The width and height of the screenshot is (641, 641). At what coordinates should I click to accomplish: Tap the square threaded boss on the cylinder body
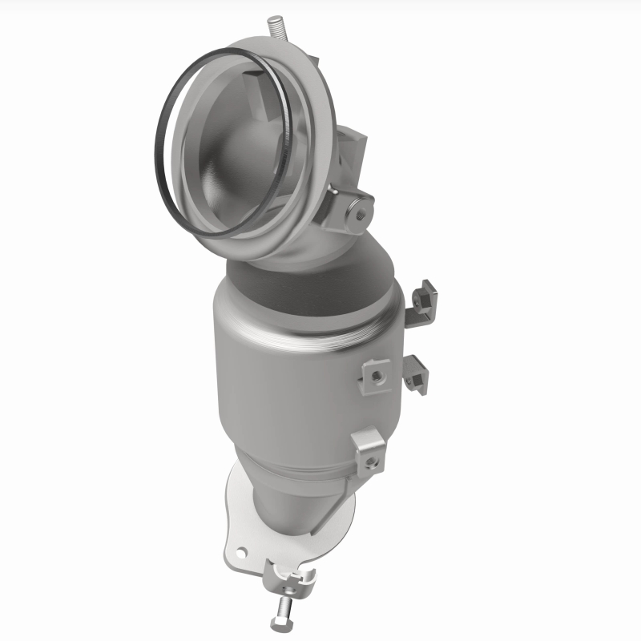click(x=375, y=373)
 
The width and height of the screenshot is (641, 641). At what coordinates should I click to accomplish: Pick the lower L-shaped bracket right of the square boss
click(x=416, y=373)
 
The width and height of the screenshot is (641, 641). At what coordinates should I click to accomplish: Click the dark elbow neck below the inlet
click(x=312, y=276)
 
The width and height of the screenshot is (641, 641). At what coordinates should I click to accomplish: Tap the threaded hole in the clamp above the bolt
click(x=303, y=574)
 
